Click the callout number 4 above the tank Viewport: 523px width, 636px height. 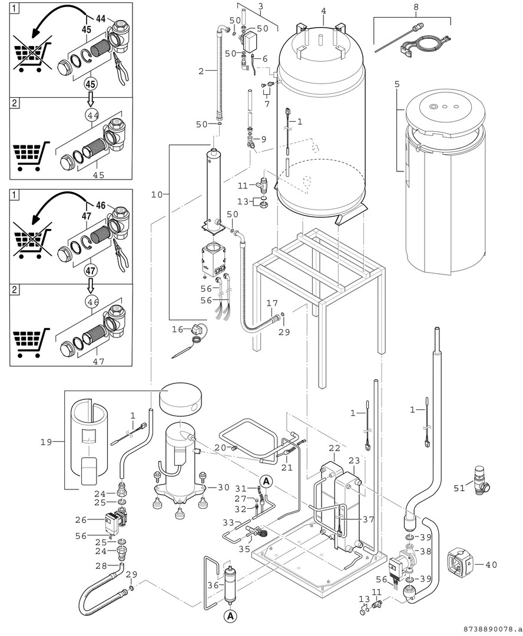[323, 11]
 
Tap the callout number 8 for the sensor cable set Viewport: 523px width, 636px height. [416, 8]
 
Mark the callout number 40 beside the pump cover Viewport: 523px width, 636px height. [491, 564]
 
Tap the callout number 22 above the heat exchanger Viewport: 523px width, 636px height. [334, 449]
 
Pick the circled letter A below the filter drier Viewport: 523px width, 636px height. [230, 617]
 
